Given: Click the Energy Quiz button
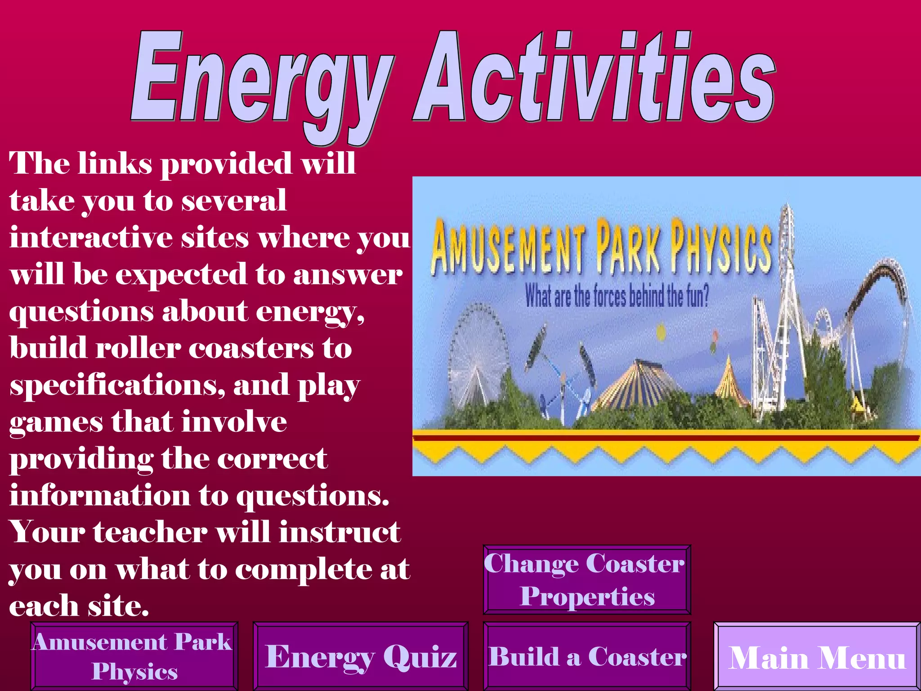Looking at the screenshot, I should (361, 656).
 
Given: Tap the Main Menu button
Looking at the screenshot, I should (817, 657).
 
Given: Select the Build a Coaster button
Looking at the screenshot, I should (587, 656).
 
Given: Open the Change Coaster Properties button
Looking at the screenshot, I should (587, 579).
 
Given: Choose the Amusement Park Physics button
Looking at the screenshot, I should (134, 656).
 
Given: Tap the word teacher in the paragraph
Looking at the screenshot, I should (150, 532).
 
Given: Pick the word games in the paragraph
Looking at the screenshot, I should (56, 423).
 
